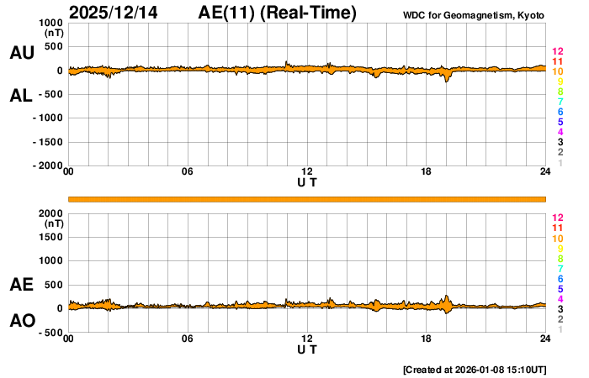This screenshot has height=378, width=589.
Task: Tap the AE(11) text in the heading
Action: pyautogui.click(x=226, y=13)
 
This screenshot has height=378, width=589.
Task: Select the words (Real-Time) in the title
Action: pyautogui.click(x=305, y=13)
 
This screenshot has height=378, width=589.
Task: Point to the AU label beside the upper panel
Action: pyautogui.click(x=22, y=53)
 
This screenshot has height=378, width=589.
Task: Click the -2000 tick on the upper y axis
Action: pyautogui.click(x=45, y=166)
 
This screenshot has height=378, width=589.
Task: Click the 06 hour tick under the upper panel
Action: pyautogui.click(x=188, y=172)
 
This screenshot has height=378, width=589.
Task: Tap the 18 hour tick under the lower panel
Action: pyautogui.click(x=426, y=339)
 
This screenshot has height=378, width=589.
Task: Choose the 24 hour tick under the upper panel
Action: pyautogui.click(x=545, y=172)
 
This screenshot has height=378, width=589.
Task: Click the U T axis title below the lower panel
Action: pyautogui.click(x=307, y=349)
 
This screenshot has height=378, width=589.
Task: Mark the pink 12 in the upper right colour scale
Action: pyautogui.click(x=556, y=52)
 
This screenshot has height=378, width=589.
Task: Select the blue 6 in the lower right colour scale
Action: pyautogui.click(x=560, y=278)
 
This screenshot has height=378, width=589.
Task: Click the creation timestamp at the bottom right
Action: pyautogui.click(x=476, y=368)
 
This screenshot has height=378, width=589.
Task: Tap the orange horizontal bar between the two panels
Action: pyautogui.click(x=307, y=198)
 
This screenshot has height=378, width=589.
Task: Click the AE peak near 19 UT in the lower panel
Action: pyautogui.click(x=447, y=296)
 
